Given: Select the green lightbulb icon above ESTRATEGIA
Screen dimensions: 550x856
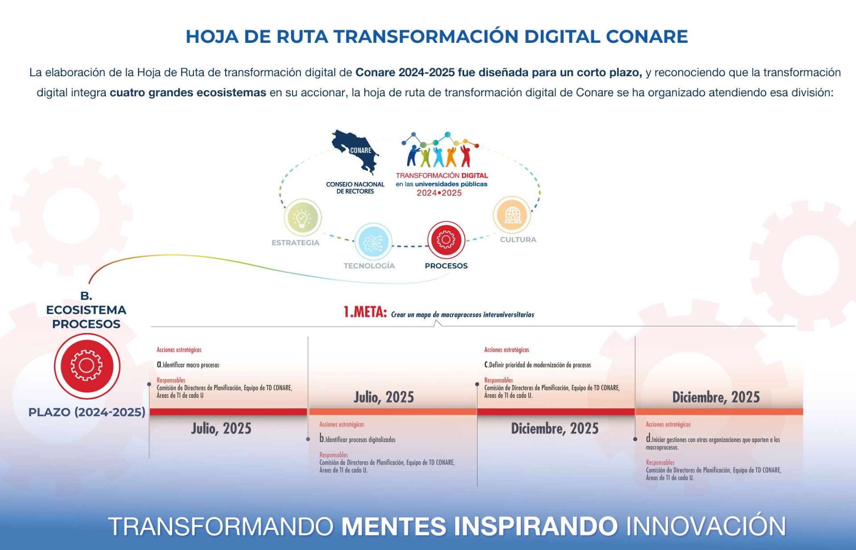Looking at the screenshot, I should coord(303,218).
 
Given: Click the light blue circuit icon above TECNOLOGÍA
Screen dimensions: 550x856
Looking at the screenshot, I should coord(374,242).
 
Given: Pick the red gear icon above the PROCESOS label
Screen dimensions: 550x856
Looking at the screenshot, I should coord(446,240).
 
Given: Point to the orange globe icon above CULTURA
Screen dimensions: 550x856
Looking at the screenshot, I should coord(512,215).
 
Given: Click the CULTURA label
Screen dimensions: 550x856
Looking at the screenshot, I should coord(518,240).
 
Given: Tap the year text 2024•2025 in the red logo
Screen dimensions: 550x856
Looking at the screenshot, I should coord(439,193).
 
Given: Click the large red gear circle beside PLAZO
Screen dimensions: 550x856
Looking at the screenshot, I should coord(87,366).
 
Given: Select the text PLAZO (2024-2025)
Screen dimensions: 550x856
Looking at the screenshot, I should coord(87,412).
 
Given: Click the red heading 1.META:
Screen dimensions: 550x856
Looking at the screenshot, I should coord(365,312).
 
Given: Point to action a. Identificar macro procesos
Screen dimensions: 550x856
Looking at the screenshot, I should coord(188,365).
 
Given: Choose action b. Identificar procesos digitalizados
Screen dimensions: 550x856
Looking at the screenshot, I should coord(358,439).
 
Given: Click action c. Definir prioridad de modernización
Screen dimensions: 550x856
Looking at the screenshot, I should coord(538,365).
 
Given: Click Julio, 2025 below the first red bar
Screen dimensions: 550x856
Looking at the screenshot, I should coord(222,429).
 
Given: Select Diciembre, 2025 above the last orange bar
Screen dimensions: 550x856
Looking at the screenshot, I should coord(716,397).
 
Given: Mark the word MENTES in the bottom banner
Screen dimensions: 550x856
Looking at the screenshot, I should coord(394,526).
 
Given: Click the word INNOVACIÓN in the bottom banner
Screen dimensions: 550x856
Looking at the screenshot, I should coord(706,526).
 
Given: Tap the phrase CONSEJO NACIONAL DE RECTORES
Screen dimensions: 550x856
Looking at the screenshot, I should coord(355,188).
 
